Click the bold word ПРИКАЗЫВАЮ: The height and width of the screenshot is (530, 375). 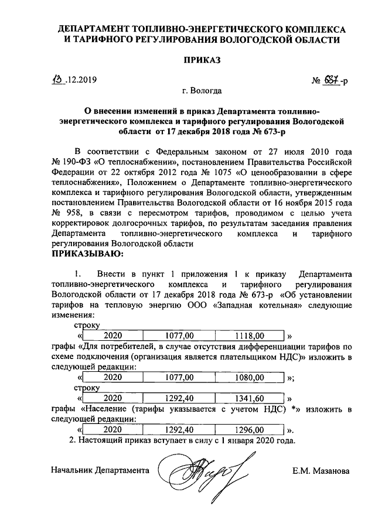point(88,254)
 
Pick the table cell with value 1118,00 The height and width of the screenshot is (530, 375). point(250,336)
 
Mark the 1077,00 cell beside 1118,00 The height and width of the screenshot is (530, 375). point(179,336)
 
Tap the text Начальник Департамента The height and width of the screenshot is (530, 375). point(100,471)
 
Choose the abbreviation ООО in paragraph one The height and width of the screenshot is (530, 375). point(197,306)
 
